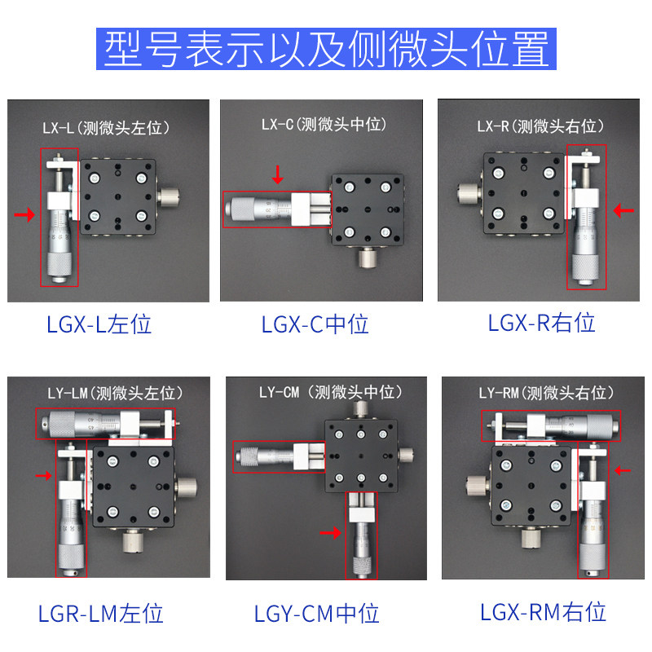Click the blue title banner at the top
pyautogui.click(x=326, y=49)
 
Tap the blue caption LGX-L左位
pyautogui.click(x=99, y=324)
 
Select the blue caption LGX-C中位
pyautogui.click(x=315, y=324)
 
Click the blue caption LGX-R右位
pyautogui.click(x=541, y=323)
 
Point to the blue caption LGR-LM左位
pyautogui.click(x=100, y=614)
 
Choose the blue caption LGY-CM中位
pyautogui.click(x=316, y=614)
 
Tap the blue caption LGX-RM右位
pyautogui.click(x=543, y=612)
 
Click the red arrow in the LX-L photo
pyautogui.click(x=24, y=214)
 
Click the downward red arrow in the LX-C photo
pyautogui.click(x=277, y=174)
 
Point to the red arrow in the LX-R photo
pyautogui.click(x=623, y=210)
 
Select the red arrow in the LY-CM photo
pyautogui.click(x=331, y=533)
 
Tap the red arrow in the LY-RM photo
pyautogui.click(x=623, y=470)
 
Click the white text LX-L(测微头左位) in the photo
pyautogui.click(x=106, y=128)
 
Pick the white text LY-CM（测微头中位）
pyautogui.click(x=331, y=392)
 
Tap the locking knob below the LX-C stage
pyautogui.click(x=368, y=257)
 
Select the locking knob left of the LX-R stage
pyautogui.click(x=469, y=193)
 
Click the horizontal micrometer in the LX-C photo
pyautogui.click(x=277, y=209)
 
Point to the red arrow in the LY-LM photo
pyautogui.click(x=43, y=475)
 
